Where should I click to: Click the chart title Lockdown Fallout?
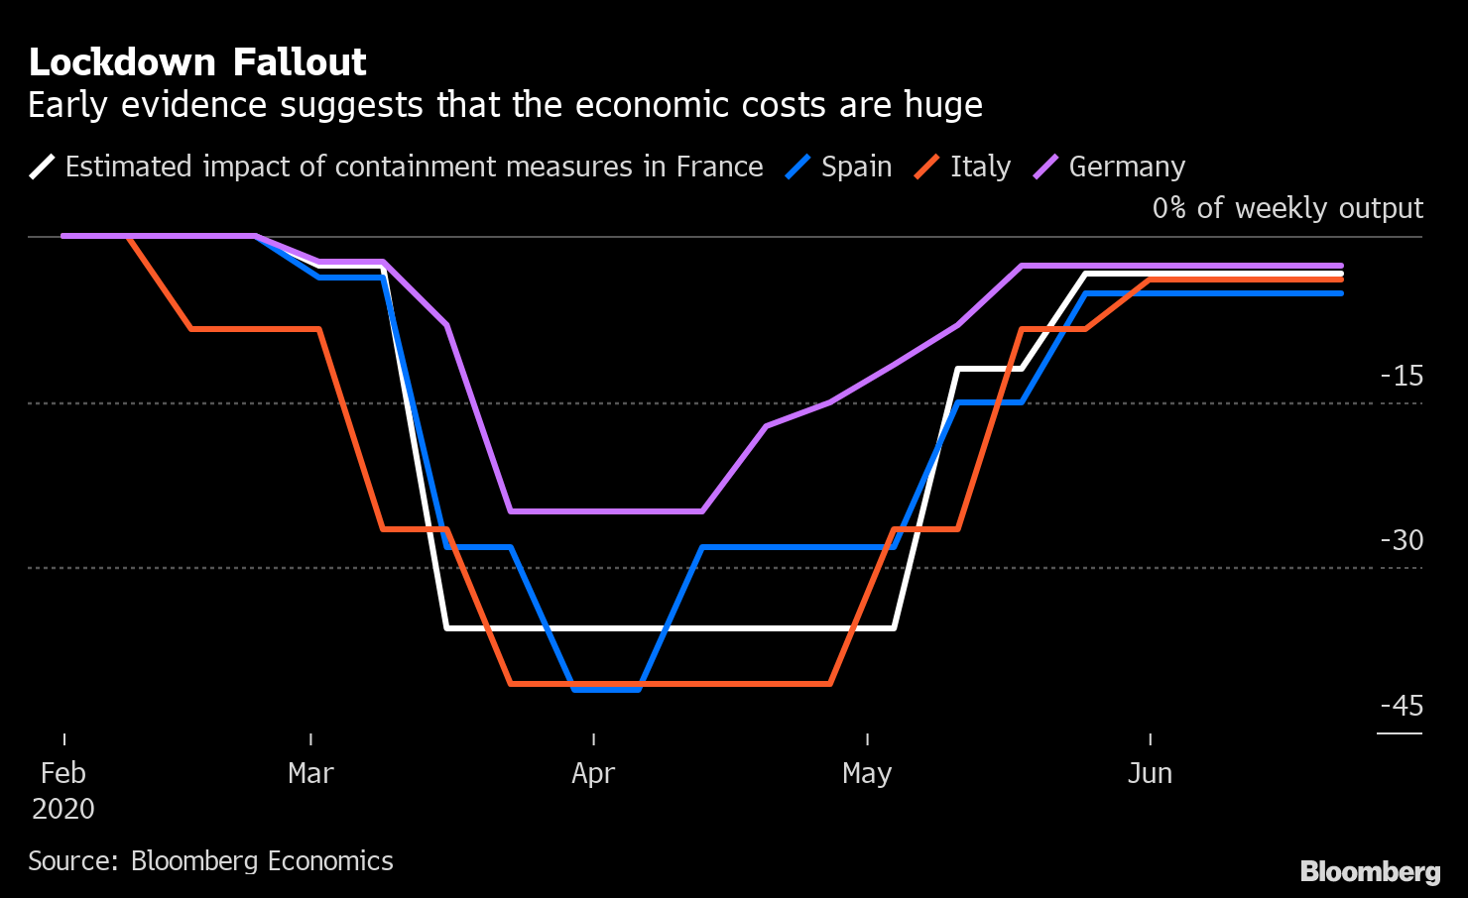click(x=197, y=62)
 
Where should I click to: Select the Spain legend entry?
click(x=855, y=167)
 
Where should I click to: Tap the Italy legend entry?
click(x=979, y=167)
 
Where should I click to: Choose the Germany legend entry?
click(x=1126, y=167)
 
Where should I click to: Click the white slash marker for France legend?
click(x=43, y=167)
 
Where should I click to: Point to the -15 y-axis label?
click(x=1402, y=376)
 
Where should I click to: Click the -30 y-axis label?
click(x=1402, y=540)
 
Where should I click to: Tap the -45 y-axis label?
click(x=1402, y=706)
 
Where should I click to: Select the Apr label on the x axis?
click(x=593, y=774)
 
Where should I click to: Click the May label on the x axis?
click(x=867, y=774)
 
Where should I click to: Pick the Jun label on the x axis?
click(x=1150, y=774)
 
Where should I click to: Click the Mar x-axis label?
click(x=310, y=774)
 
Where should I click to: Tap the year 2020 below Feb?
click(x=63, y=809)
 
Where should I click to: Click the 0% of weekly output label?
click(x=1287, y=208)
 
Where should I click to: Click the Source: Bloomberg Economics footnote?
click(x=210, y=860)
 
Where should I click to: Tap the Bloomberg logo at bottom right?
click(x=1370, y=871)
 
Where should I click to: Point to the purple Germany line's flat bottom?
click(x=605, y=511)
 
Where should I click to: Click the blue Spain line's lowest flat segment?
click(x=607, y=689)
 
